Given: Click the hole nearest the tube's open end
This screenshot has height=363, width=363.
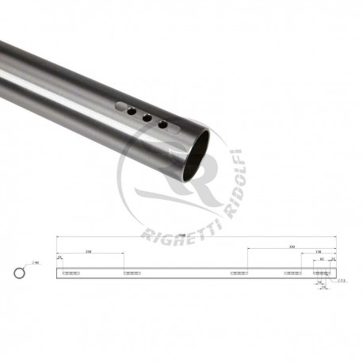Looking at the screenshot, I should tap(162, 124).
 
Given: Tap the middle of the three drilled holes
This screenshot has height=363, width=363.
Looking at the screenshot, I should tap(147, 117).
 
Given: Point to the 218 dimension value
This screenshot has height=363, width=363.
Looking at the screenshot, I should tap(88, 251).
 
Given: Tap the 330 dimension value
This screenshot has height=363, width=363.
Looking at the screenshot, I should tap(292, 246).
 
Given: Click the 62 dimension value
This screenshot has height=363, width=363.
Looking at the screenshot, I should tap(322, 258).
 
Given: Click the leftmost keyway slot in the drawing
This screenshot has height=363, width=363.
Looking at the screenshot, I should tap(71, 273).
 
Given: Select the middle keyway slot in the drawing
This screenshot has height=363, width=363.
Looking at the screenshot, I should tap(238, 273).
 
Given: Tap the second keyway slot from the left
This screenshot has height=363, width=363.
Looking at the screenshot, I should tap(132, 273).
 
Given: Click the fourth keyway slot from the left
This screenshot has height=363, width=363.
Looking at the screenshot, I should tap(292, 273).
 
